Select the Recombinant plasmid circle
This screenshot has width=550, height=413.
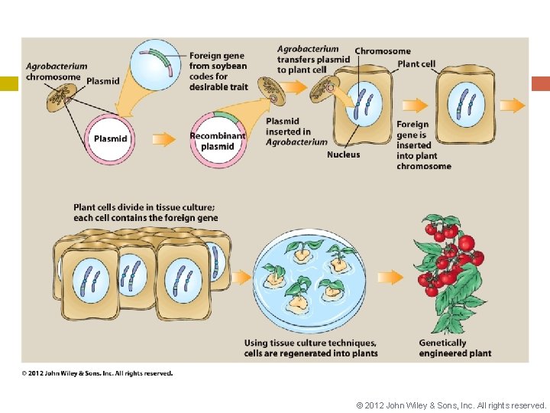[218, 140]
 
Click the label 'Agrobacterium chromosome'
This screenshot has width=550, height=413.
[56, 71]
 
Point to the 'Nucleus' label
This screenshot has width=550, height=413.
[343, 154]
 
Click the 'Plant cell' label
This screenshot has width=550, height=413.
[416, 64]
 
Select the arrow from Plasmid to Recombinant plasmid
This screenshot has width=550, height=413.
[163, 139]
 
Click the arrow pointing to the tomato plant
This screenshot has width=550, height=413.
[390, 278]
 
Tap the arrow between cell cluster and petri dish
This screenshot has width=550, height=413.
[241, 276]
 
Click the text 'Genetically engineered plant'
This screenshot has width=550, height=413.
[455, 348]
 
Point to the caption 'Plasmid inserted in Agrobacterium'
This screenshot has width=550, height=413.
[296, 132]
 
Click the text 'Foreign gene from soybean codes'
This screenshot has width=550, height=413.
[218, 71]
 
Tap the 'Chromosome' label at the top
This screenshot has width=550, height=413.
[382, 51]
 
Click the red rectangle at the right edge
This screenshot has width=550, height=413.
[540, 84]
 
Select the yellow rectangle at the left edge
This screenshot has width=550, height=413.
[9, 84]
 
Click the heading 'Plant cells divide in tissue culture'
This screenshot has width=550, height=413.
[145, 212]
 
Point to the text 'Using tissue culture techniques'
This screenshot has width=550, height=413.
[310, 348]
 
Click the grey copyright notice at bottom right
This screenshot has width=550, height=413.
[451, 405]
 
